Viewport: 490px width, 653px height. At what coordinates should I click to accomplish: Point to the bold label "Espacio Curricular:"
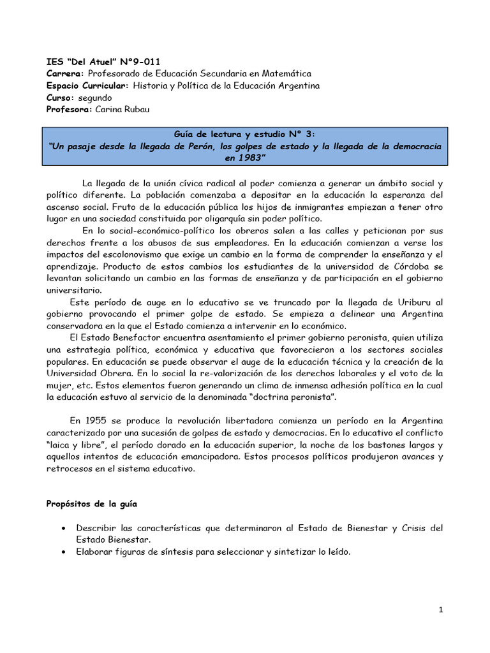tap(87, 85)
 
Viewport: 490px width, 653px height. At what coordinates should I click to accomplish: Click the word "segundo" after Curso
tap(94, 98)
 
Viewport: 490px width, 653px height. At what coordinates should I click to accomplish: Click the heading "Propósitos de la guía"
tap(91, 504)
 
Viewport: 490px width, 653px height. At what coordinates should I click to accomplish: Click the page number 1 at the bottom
tap(440, 610)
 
